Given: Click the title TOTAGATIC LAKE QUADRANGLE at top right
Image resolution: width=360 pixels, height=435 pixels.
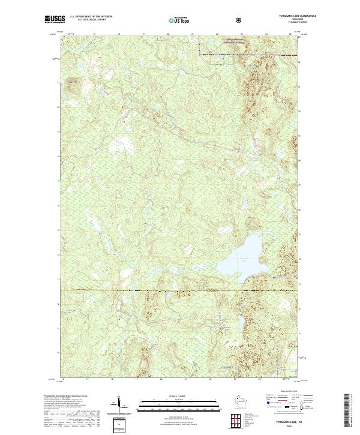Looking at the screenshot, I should click(282, 16).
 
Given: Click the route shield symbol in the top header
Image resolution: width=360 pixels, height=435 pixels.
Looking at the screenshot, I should click(239, 20).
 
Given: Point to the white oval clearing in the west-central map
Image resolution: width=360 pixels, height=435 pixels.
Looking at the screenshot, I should click(124, 143).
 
